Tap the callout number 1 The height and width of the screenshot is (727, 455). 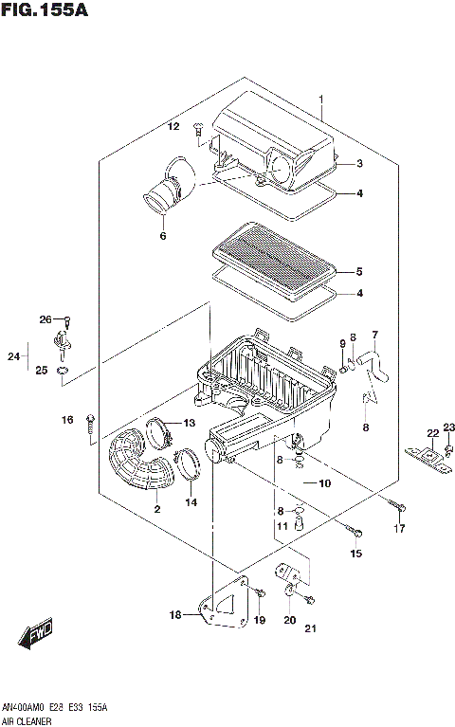(321, 100)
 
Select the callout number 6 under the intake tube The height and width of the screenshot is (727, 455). (162, 236)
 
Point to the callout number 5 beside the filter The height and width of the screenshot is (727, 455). (359, 269)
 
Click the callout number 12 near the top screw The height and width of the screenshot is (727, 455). (173, 126)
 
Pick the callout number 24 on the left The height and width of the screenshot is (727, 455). (12, 356)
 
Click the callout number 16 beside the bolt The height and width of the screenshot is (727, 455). (67, 420)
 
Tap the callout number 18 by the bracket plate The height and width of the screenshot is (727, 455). (174, 615)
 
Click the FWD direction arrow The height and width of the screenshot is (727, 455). (39, 636)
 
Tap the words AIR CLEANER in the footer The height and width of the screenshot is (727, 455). (27, 720)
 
